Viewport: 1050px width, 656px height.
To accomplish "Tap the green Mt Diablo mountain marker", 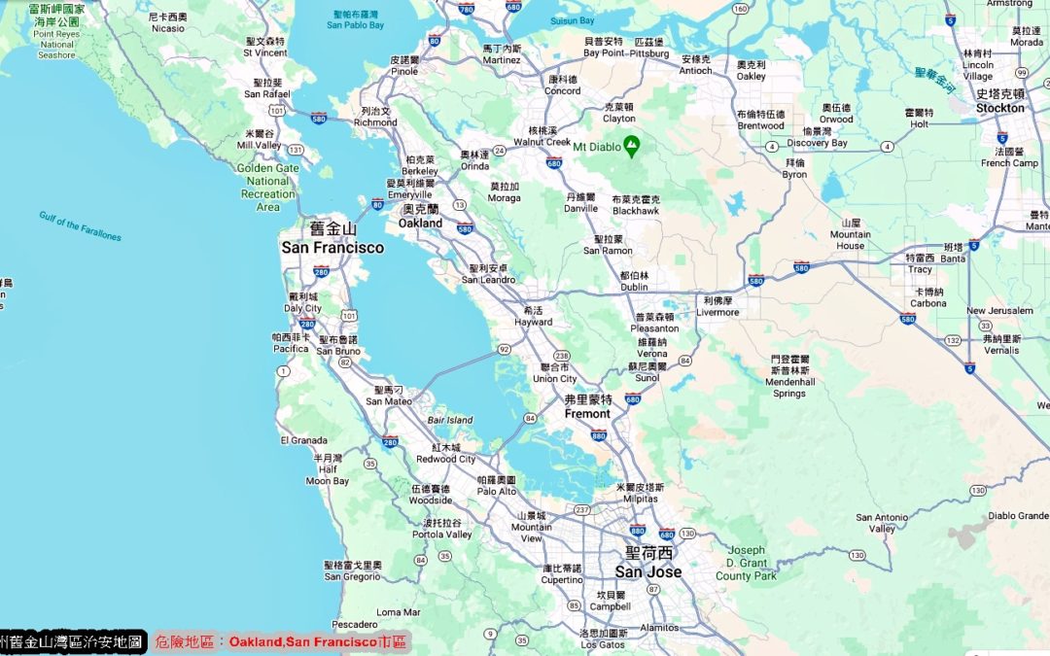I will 632,146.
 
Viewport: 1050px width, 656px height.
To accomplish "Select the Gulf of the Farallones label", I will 81,225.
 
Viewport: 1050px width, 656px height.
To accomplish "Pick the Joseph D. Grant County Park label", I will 747,563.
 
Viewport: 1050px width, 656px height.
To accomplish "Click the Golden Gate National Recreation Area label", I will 267,188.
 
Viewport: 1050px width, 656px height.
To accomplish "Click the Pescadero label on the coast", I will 354,624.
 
